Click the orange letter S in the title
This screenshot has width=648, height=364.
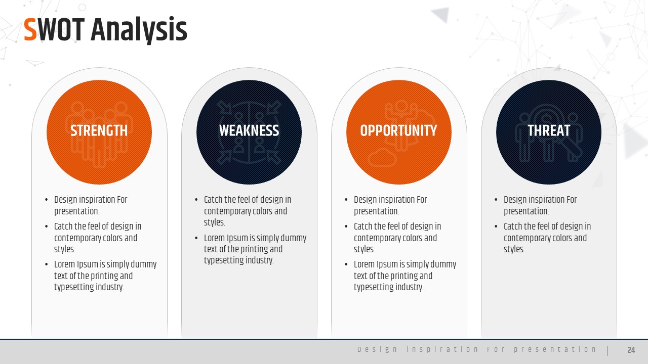click(30, 29)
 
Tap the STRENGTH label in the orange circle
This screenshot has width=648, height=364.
click(99, 130)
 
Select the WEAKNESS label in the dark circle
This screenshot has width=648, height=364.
click(249, 130)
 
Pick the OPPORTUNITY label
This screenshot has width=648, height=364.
click(398, 130)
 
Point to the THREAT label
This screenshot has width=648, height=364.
click(549, 130)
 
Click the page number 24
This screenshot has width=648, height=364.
click(631, 350)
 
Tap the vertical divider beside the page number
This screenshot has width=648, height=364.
click(607, 351)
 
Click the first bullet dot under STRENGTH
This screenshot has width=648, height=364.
click(47, 200)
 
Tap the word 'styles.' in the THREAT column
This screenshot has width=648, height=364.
click(514, 249)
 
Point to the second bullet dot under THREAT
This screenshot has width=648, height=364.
click(496, 226)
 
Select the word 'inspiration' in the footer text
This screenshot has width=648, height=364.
click(442, 349)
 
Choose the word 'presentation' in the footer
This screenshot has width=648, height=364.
click(555, 349)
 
